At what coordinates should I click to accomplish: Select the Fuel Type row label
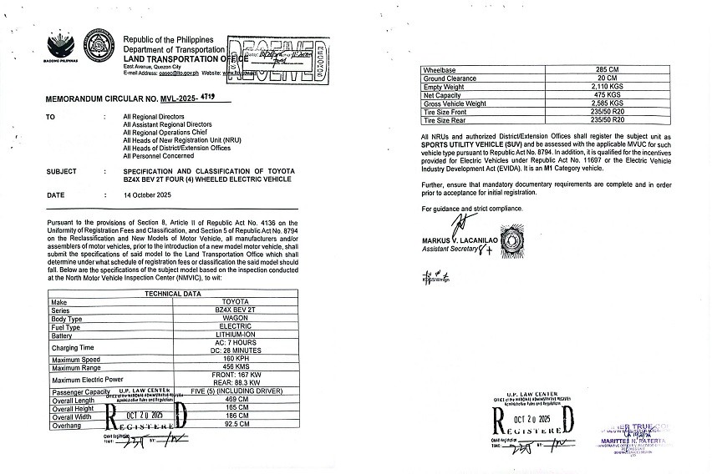[67, 327]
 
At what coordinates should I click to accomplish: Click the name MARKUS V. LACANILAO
[459, 240]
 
